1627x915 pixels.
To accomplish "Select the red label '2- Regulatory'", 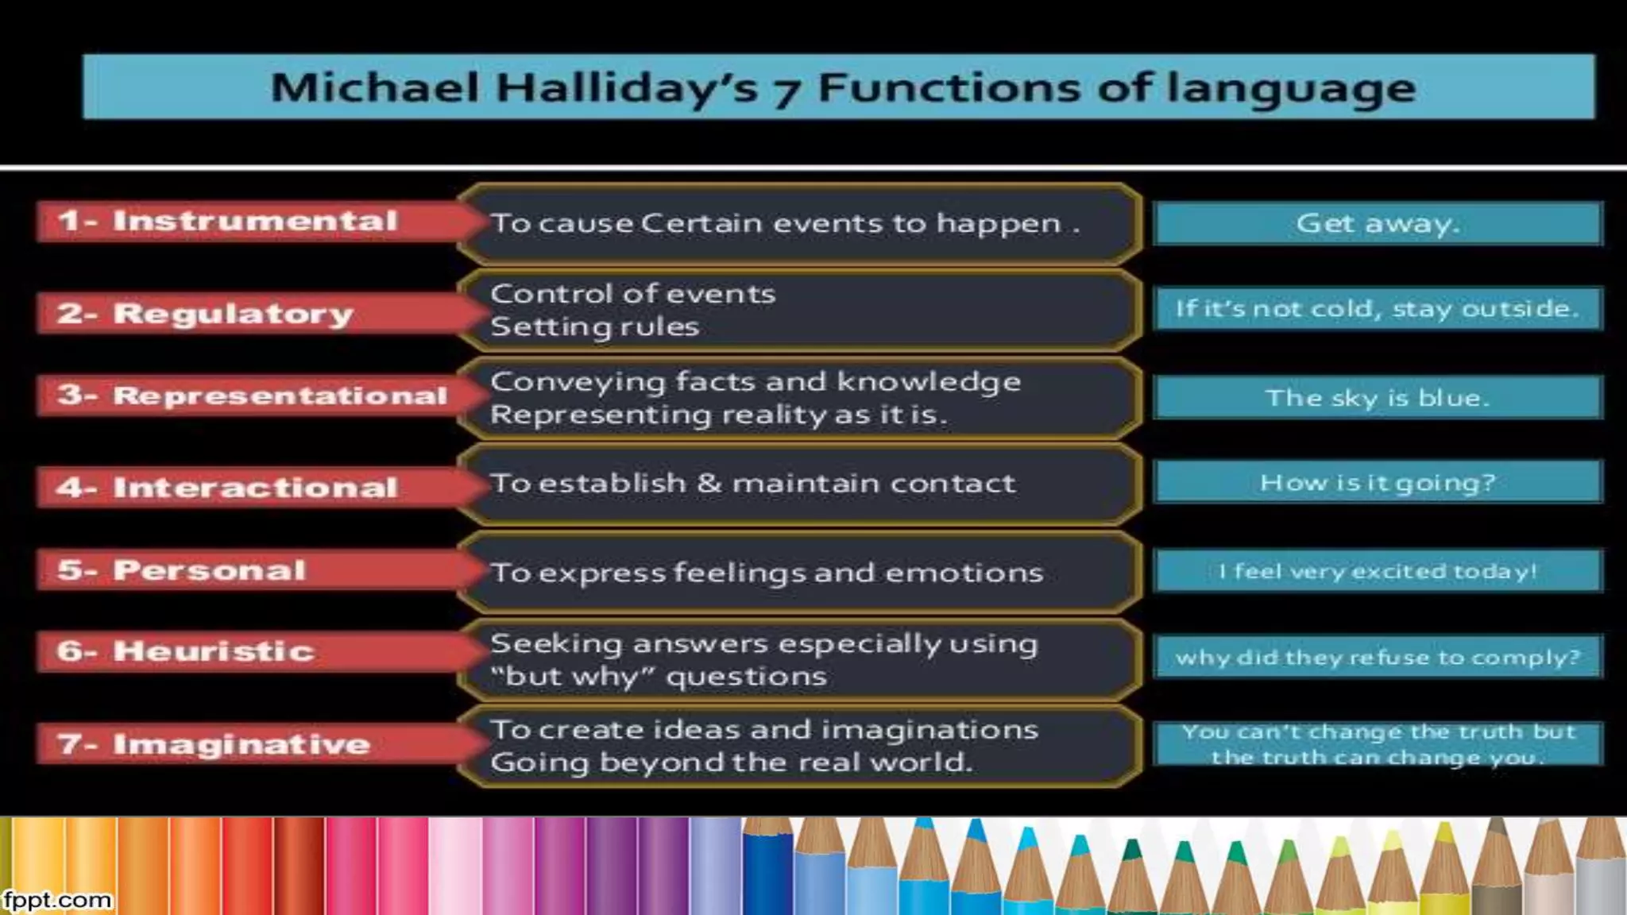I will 205,313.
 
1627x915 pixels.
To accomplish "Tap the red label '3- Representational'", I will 253,395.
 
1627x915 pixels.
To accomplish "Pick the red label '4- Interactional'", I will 227,487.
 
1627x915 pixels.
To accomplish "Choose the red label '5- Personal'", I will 182,569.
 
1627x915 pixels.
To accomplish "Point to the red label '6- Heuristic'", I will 186,651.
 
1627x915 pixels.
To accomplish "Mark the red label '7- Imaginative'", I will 214,743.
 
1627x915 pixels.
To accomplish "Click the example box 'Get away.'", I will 1378,223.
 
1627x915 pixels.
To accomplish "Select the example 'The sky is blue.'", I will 1378,397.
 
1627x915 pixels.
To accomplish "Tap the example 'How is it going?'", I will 1378,482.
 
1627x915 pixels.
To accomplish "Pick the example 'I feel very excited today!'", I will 1378,571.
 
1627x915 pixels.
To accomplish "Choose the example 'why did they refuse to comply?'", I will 1378,657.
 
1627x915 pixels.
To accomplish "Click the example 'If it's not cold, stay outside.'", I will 1378,308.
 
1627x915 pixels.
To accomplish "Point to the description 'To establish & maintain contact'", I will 752,483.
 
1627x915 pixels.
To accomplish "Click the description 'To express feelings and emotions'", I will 767,572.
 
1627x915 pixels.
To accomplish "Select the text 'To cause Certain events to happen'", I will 776,223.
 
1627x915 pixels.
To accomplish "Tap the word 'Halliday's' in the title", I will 627,87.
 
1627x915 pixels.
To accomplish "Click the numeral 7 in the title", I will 786,91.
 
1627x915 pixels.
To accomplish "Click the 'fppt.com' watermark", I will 56,900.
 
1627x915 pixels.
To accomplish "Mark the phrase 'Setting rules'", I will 595,326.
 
